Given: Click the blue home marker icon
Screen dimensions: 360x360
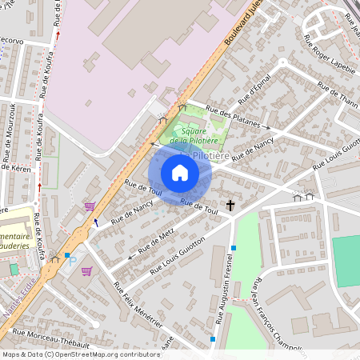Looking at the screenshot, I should (x=180, y=173).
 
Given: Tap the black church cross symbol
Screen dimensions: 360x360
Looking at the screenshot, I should (x=231, y=206).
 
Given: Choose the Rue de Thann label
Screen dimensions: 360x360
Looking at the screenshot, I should (x=338, y=97).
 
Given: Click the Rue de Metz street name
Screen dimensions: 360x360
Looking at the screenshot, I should (x=156, y=240).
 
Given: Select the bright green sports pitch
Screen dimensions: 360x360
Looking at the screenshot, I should (x=346, y=260).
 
